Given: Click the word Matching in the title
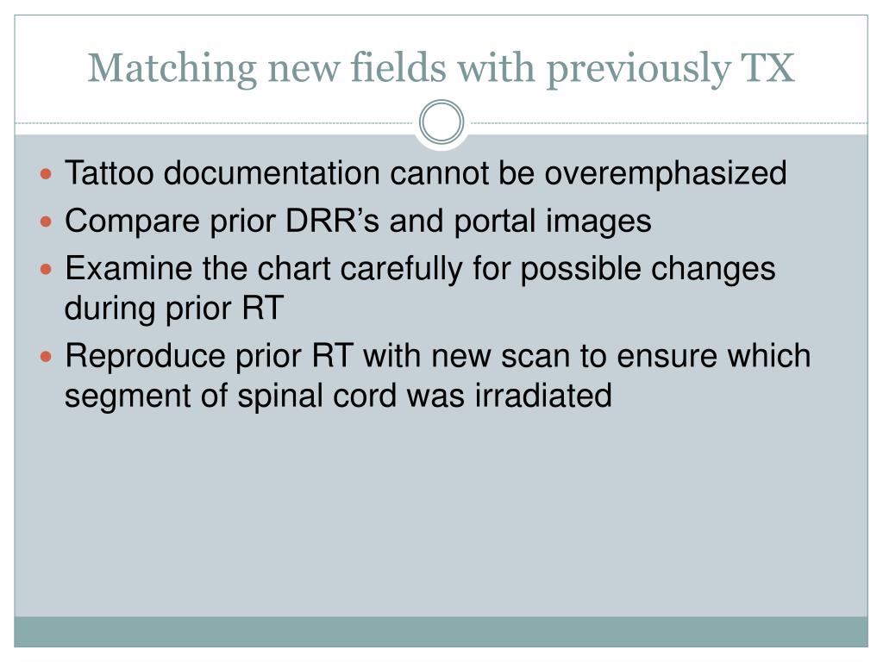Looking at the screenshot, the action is [172, 69].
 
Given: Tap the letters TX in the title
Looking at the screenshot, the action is [767, 68].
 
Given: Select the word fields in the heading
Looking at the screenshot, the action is [398, 67].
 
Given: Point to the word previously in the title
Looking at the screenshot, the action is [639, 70].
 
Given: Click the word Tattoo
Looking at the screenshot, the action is [110, 172].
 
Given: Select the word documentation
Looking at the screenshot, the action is [272, 172].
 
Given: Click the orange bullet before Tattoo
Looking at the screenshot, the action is [47, 174].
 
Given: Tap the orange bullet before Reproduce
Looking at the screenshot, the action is [47, 357].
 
